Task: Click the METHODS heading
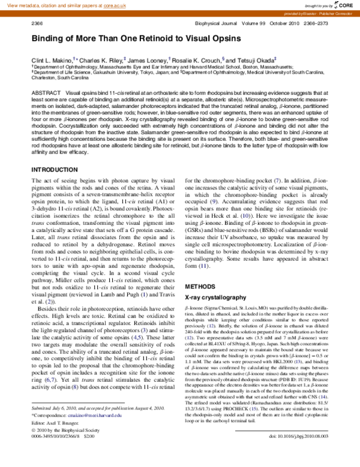click(x=199, y=287)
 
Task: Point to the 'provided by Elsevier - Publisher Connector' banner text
click(x=313, y=13)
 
